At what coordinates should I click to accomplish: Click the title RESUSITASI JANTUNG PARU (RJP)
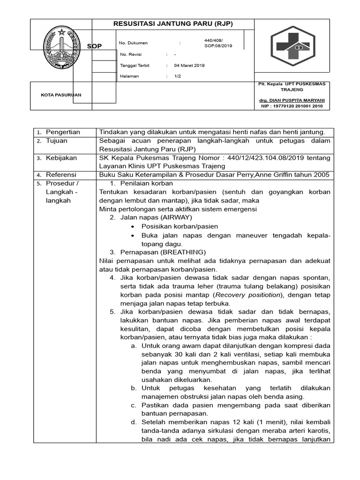coord(173,24)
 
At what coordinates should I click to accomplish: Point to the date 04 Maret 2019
coord(189,66)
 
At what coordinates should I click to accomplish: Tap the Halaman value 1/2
coord(178,76)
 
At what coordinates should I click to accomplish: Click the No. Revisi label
coord(131,54)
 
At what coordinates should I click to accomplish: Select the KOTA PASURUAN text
coord(61,95)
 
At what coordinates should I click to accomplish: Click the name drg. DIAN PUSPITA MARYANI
coord(292,100)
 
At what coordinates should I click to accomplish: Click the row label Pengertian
coord(63,132)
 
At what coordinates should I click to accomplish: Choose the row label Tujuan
coord(56,141)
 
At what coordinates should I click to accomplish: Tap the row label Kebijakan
coord(61,158)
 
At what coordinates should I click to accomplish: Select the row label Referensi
coord(61,175)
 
